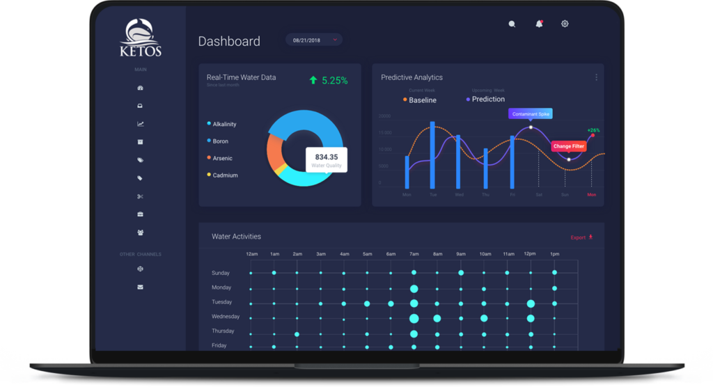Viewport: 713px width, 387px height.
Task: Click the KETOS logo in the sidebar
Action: [140, 38]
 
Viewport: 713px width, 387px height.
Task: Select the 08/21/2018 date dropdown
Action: [314, 40]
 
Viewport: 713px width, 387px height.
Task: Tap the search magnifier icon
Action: [512, 24]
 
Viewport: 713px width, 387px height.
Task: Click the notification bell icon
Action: [539, 24]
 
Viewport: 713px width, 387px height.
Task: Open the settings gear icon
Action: [565, 24]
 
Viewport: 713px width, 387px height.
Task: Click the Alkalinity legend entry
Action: [224, 124]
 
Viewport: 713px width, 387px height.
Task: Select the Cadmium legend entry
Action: [224, 175]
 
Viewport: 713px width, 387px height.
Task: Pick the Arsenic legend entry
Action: [222, 158]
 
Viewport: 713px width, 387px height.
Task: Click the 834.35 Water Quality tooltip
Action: [326, 159]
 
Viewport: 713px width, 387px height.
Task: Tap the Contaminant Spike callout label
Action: [531, 113]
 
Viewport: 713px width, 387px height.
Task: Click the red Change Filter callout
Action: [568, 146]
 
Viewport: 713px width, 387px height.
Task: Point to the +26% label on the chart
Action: [593, 130]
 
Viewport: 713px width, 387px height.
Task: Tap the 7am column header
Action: [414, 254]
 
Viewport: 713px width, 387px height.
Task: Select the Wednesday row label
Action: [226, 317]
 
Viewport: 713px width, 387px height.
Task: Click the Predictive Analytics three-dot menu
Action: [596, 77]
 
